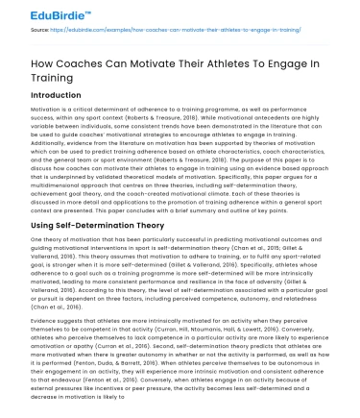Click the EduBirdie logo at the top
(x=37, y=12)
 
